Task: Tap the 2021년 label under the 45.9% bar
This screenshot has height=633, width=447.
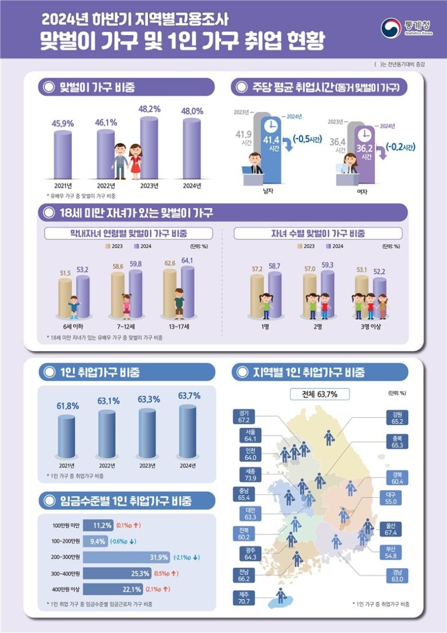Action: click(x=63, y=186)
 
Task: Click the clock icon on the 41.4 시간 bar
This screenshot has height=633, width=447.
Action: click(x=270, y=127)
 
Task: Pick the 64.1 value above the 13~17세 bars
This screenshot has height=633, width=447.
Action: click(x=187, y=261)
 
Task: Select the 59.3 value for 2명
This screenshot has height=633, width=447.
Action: click(x=328, y=265)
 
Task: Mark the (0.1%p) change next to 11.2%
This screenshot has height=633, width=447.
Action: click(x=129, y=525)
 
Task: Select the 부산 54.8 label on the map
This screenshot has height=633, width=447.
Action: click(x=391, y=553)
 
